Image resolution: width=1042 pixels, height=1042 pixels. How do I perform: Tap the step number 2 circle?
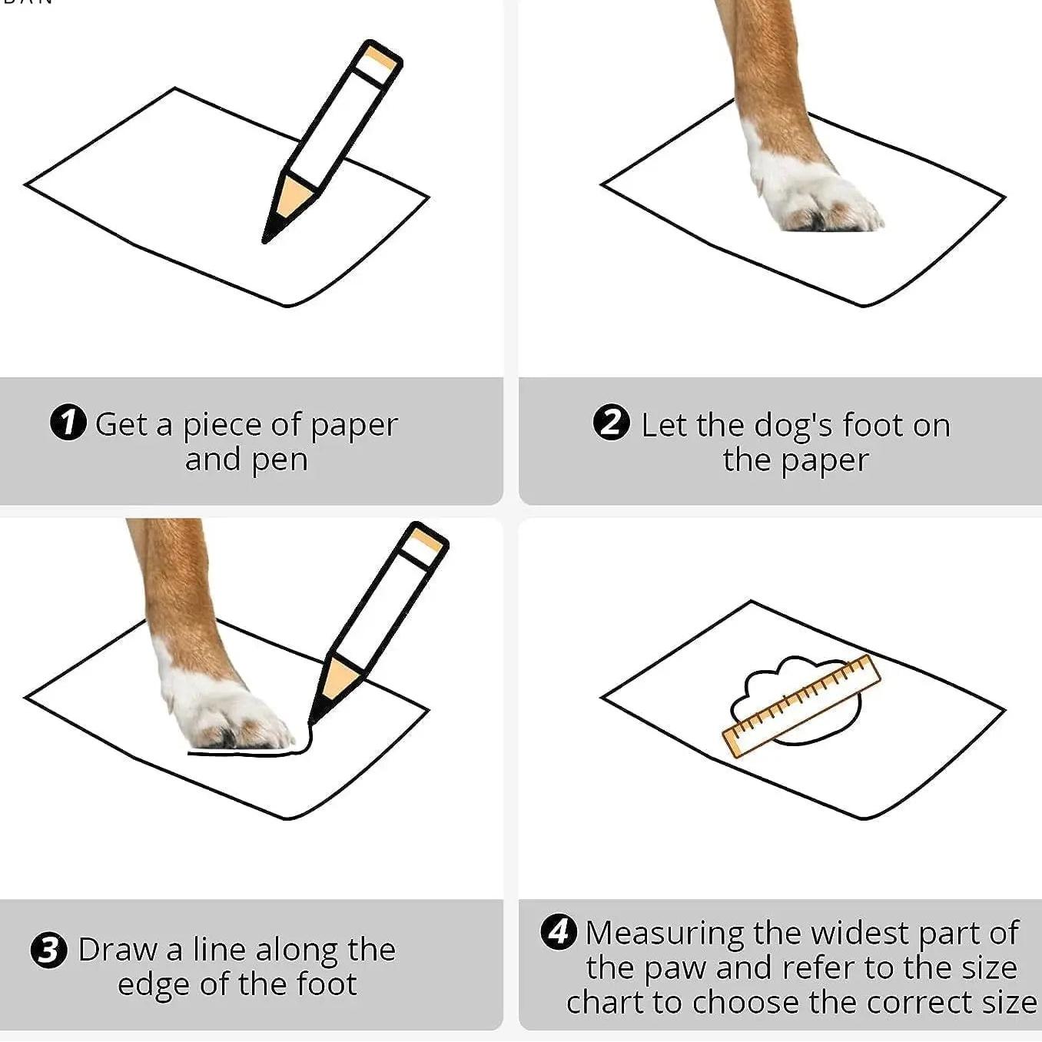click(x=612, y=423)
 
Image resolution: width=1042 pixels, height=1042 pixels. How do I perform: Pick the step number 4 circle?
click(x=559, y=931)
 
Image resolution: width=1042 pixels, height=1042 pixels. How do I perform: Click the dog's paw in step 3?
click(x=227, y=708)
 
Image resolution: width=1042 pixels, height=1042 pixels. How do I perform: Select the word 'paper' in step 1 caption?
click(x=354, y=426)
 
